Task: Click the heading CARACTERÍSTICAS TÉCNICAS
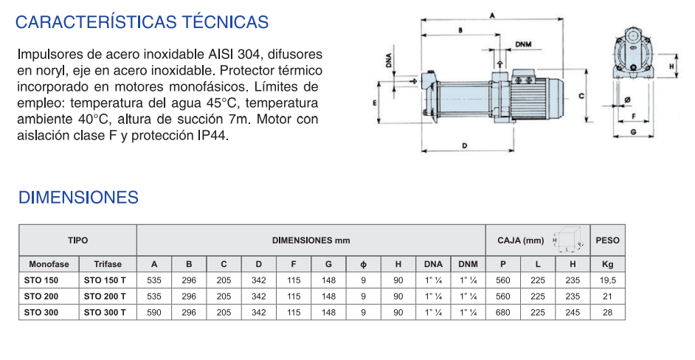[142, 21]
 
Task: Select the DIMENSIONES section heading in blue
[78, 197]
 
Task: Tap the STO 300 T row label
[105, 313]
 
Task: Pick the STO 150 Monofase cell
[41, 280]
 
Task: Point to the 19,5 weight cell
[607, 280]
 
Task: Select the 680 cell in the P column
[502, 313]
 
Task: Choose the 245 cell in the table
[573, 313]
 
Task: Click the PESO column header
[607, 240]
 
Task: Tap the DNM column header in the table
[468, 264]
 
